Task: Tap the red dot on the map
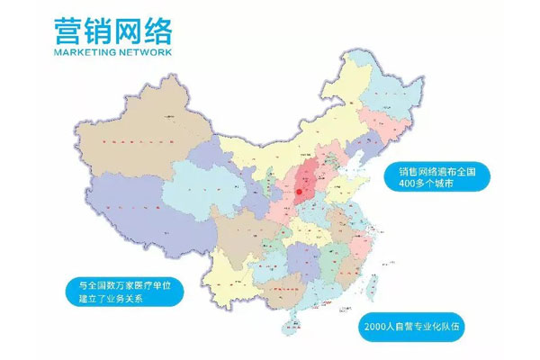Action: [299, 191]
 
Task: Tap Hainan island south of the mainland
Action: [289, 322]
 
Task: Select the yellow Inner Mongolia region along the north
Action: [270, 144]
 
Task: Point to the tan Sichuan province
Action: [238, 229]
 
